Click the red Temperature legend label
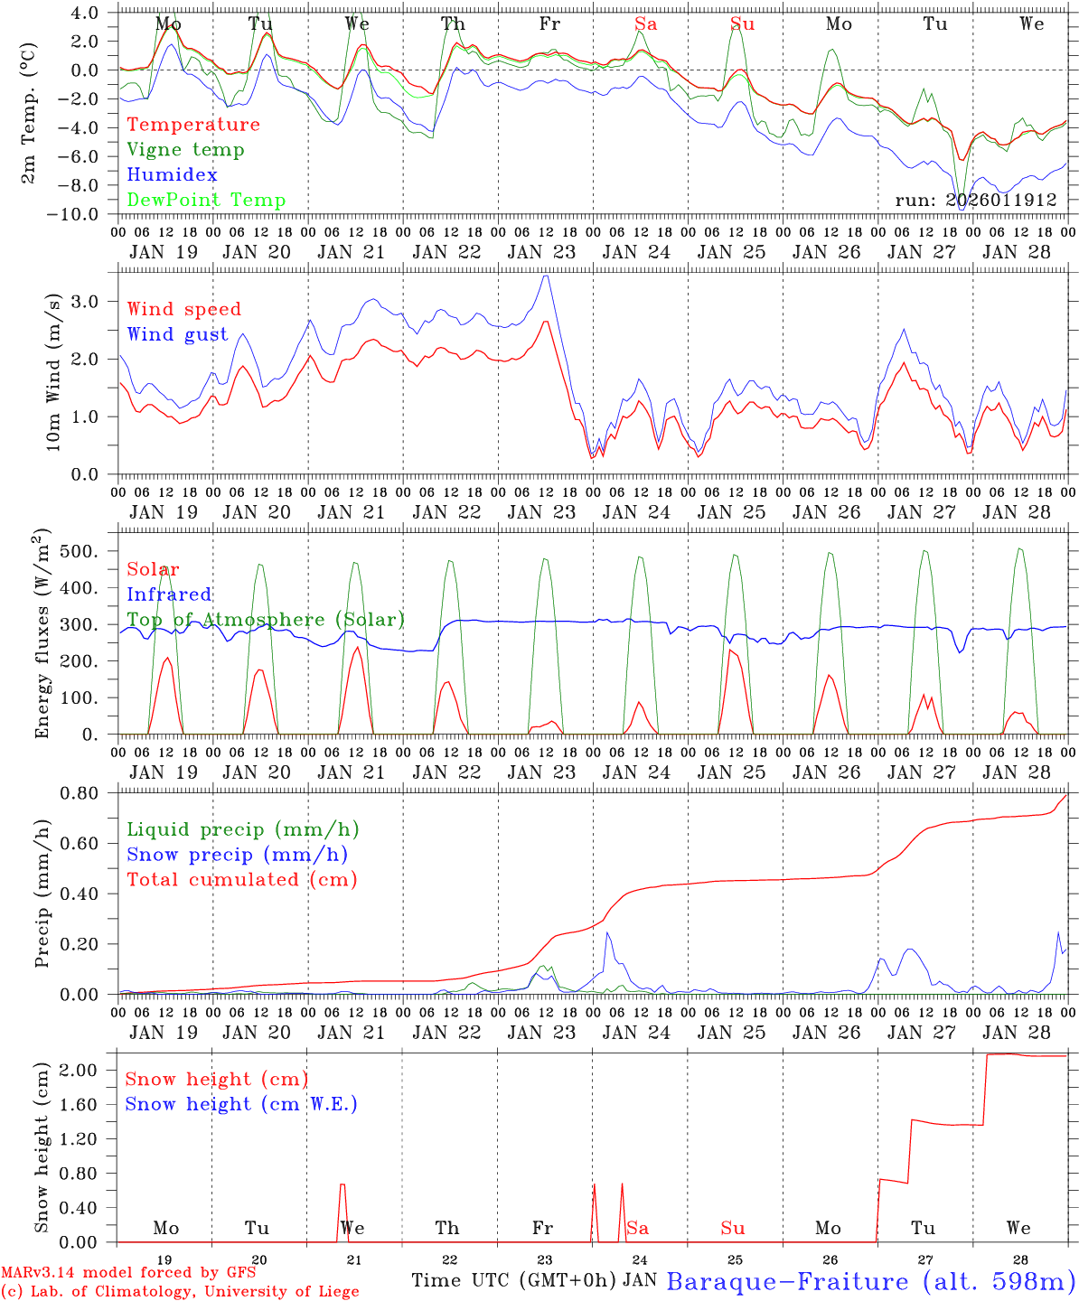tap(193, 125)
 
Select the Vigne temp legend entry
tap(185, 150)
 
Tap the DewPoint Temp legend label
tap(206, 201)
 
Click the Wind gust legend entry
tap(177, 334)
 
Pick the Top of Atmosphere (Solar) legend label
tap(266, 620)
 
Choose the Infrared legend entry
tap(169, 594)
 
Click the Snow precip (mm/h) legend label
tap(238, 855)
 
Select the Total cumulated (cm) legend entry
tap(242, 880)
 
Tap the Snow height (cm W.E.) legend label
tap(241, 1104)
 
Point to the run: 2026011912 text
tap(976, 201)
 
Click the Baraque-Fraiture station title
tap(871, 1281)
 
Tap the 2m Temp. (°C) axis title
tap(30, 114)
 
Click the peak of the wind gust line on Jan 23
tap(545, 276)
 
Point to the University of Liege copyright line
tap(180, 1292)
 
